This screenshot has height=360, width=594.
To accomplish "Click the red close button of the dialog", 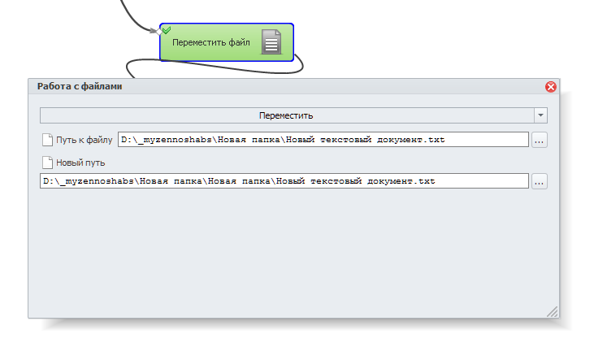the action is [550, 87].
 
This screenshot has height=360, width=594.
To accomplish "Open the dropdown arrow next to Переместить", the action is [540, 115].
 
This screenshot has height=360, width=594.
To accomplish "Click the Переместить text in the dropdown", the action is [286, 115].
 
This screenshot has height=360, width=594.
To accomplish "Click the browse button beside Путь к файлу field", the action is [539, 140].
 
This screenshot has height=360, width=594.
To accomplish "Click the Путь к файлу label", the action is [84, 140].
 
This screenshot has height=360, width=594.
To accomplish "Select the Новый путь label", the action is [80, 163].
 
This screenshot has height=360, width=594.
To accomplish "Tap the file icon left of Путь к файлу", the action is [47, 140].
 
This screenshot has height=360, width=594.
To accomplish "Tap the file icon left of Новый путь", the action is [47, 163].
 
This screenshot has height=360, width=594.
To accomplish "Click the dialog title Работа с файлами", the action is [80, 86].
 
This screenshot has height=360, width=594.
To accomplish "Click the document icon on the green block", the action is [271, 41].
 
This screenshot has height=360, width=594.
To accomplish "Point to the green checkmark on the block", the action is [166, 29].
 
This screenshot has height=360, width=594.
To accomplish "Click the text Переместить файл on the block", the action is [211, 42].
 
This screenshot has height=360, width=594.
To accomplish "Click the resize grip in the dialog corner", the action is [553, 311].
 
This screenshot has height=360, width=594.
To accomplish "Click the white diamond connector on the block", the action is [158, 32].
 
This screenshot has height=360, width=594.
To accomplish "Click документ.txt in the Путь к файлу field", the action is [410, 140].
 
